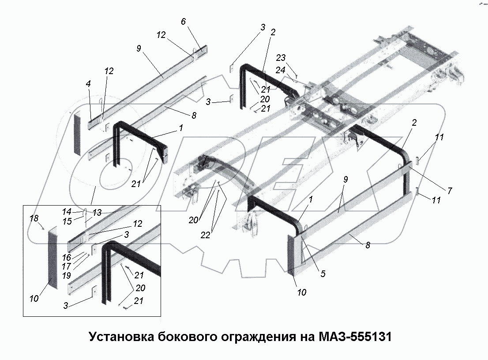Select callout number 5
[323, 274]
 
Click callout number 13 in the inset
[96, 213]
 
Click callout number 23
[281, 57]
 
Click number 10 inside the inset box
[34, 299]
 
